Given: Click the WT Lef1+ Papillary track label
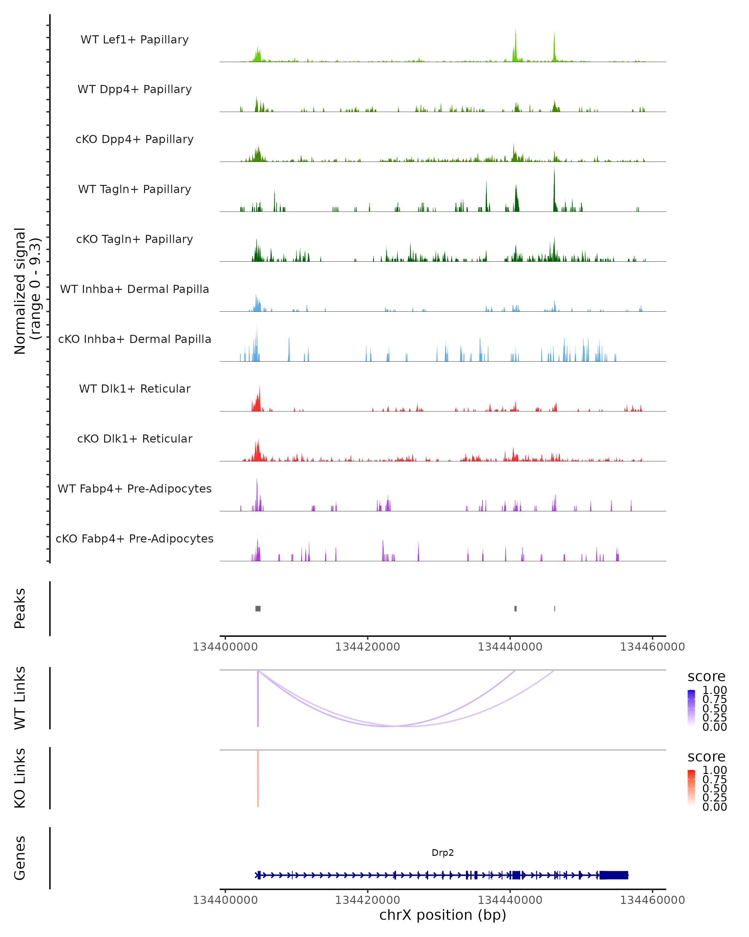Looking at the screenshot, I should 135,40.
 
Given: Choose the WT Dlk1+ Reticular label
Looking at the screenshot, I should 135,389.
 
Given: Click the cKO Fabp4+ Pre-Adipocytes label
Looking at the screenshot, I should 135,538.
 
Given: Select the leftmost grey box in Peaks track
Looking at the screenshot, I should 258,608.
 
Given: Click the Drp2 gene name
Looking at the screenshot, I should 443,853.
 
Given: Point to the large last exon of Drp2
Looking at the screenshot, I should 614,875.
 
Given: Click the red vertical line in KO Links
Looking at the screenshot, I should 258,778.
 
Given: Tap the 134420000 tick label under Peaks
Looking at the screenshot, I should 367,647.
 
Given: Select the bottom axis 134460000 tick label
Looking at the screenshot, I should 652,900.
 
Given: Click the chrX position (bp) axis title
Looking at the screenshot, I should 443,915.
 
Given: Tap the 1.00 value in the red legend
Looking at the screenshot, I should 714,770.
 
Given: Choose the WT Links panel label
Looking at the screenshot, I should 20,698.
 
